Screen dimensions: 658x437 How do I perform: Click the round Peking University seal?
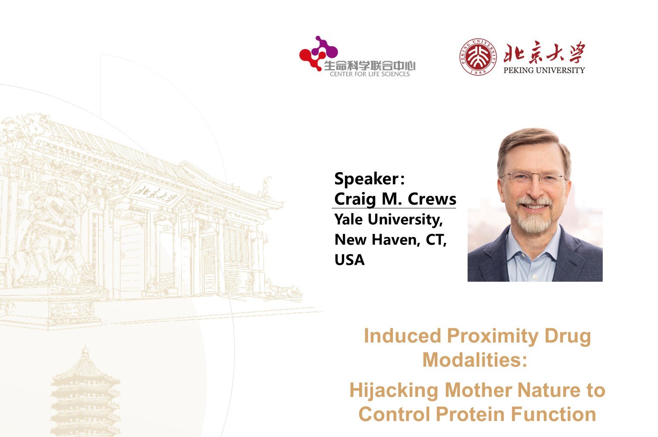point(478,57)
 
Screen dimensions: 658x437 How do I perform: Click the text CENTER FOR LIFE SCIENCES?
point(370,74)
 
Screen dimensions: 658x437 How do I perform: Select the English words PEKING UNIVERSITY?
point(544,70)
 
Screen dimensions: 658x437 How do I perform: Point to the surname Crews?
point(432,199)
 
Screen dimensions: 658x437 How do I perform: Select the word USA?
point(350,260)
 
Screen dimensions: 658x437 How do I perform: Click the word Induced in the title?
point(402,336)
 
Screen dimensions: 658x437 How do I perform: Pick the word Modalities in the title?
point(471,360)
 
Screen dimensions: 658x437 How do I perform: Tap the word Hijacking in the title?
point(394,391)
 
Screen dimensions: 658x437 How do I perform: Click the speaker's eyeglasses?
point(534,177)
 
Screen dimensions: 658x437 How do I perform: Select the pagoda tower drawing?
point(85,392)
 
